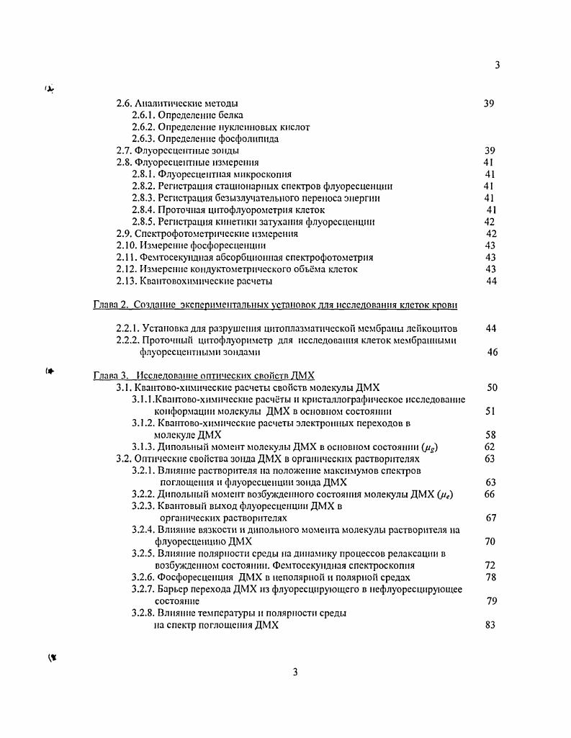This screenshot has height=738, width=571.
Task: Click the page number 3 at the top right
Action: [x=498, y=65]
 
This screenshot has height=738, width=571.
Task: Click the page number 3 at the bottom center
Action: [x=295, y=672]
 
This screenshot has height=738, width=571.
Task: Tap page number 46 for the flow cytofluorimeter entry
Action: [x=493, y=353]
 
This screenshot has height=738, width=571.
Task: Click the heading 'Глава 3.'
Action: [x=111, y=376]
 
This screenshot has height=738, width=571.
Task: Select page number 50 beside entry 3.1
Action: [x=493, y=387]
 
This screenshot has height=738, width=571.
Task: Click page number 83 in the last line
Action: [x=491, y=626]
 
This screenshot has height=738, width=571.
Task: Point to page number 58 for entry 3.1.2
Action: [x=491, y=435]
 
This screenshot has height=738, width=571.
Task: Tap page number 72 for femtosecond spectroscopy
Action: [x=491, y=566]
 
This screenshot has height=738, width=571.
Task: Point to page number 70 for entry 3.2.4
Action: [x=491, y=541]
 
